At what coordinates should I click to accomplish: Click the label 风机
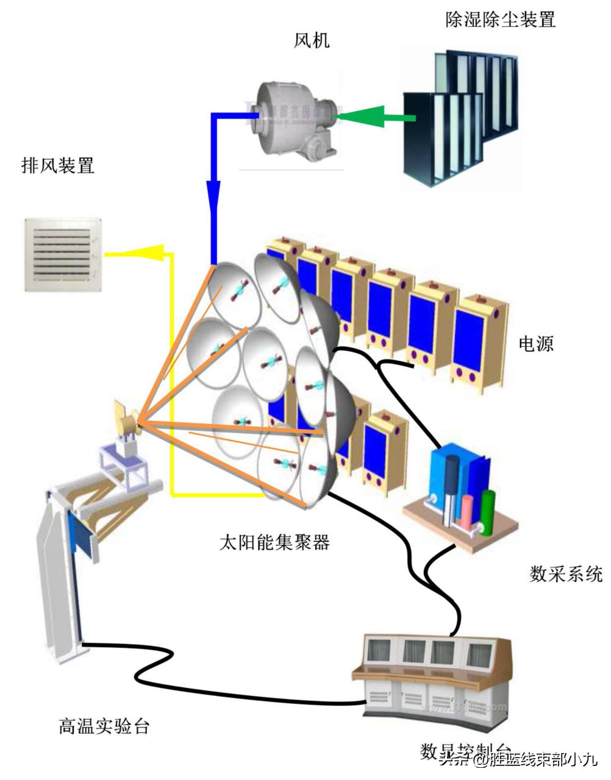click(x=312, y=41)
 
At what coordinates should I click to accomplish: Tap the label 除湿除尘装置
click(x=500, y=19)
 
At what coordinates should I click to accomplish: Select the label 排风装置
click(x=58, y=165)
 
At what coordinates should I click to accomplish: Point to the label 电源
click(x=536, y=344)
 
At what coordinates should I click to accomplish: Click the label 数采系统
click(x=566, y=574)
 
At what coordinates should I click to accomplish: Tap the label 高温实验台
click(x=104, y=726)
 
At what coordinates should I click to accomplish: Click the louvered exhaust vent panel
click(x=62, y=254)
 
